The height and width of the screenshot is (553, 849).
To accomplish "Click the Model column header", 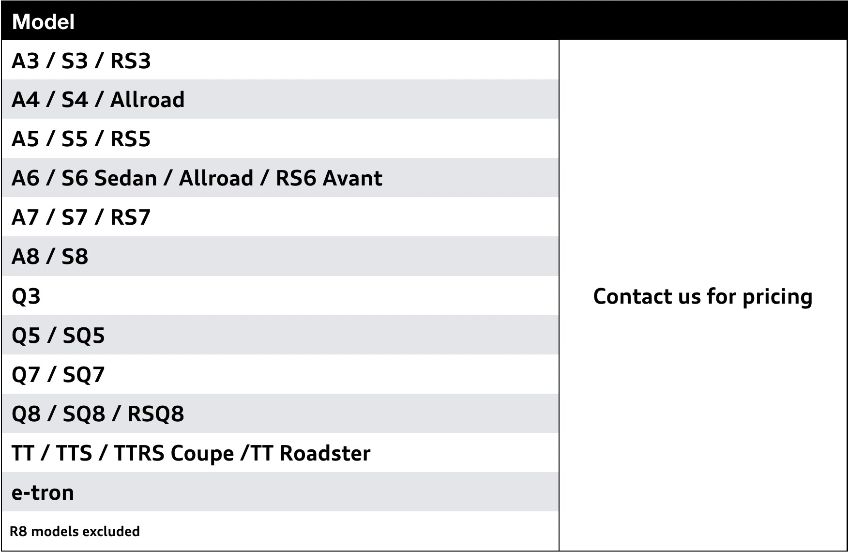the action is click(43, 22).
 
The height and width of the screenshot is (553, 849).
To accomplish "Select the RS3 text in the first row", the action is click(131, 61).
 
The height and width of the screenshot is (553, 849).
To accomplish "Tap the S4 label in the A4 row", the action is click(75, 100).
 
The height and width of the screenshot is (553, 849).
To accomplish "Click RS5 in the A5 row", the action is click(131, 139).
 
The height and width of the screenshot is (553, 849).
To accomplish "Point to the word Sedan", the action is click(126, 178).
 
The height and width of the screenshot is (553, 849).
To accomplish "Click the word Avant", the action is click(353, 178).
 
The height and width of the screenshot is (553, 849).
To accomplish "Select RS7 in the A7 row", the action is click(131, 217).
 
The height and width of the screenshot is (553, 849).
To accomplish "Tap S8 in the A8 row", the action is click(75, 257).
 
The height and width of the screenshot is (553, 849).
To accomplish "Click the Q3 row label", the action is click(26, 296).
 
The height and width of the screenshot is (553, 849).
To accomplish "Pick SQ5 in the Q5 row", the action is click(84, 336).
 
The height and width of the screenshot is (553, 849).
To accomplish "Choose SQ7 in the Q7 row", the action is click(84, 375).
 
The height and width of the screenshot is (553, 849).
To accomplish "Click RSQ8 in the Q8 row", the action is click(156, 414).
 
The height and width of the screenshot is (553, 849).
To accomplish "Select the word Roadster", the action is click(325, 453).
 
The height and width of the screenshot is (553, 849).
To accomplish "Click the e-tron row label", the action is click(43, 493).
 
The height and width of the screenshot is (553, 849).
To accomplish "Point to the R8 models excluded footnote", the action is click(75, 532).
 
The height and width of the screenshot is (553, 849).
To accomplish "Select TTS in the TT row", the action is click(74, 453).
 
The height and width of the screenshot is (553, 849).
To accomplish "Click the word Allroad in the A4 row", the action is click(148, 100).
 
